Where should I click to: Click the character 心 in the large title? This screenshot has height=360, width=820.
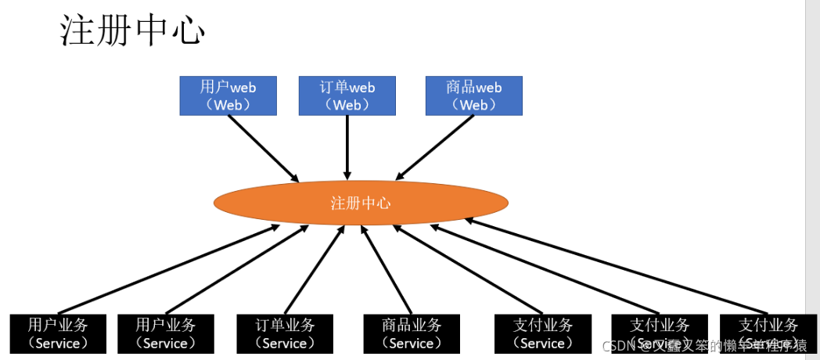187,32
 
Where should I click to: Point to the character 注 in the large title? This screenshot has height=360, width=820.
77,32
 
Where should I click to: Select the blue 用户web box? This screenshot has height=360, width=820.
228,95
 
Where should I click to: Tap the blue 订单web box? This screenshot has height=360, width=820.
347,95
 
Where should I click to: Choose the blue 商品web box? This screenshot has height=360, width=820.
473,95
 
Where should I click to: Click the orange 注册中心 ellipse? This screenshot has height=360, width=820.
361,203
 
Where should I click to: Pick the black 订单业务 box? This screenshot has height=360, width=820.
285,333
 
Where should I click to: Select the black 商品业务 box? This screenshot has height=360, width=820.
412,333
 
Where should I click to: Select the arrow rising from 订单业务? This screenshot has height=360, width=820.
314,270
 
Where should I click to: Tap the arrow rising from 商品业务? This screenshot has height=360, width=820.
386,270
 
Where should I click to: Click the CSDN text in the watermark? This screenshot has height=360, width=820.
617,346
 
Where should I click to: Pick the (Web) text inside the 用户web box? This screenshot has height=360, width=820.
228,104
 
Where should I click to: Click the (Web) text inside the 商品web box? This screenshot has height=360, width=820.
473,104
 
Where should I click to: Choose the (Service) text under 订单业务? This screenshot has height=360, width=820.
285,343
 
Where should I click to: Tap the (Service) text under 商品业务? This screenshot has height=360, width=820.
412,343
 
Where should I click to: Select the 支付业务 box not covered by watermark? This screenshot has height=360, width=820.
543,333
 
